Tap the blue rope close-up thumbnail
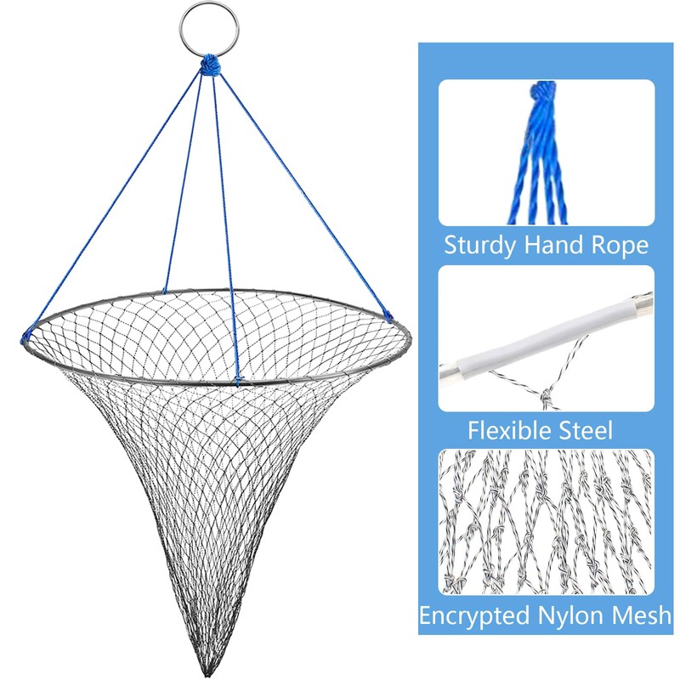(547, 153)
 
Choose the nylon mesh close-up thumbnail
(547, 523)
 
